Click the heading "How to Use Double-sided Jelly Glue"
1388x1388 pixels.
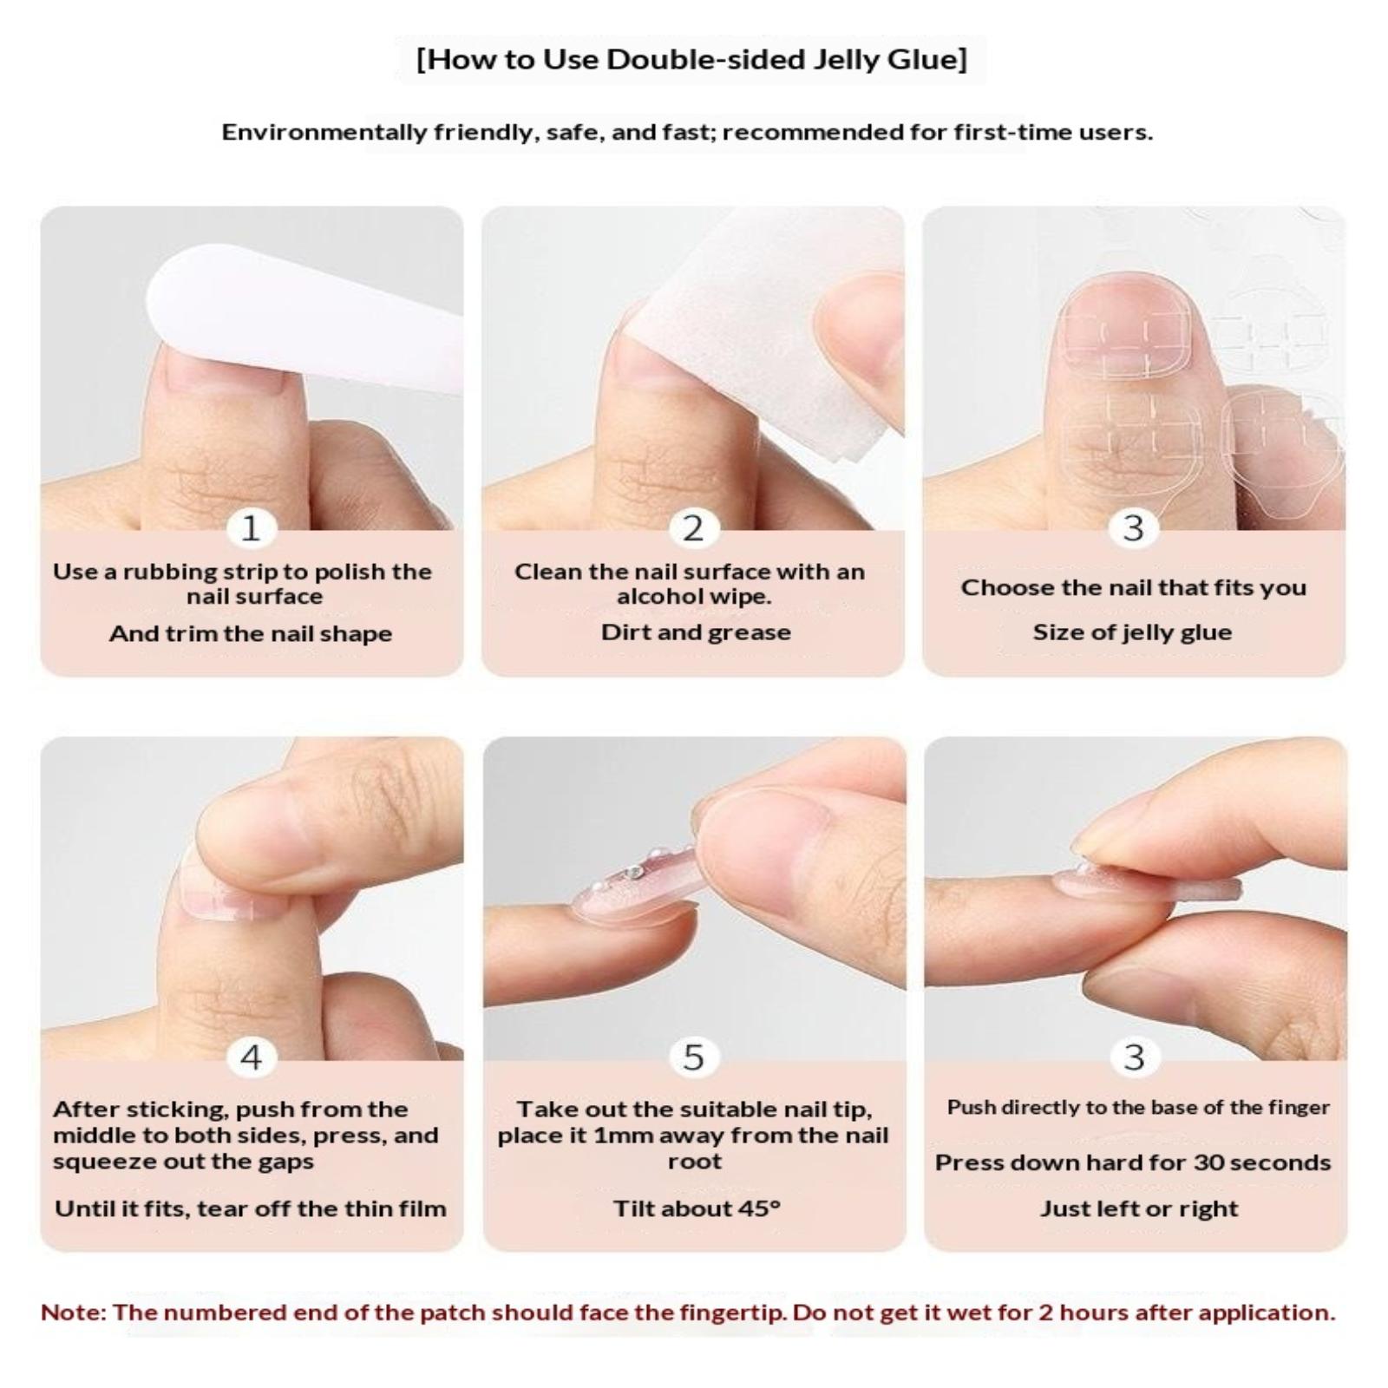pyautogui.click(x=691, y=59)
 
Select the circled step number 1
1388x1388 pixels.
pyautogui.click(x=251, y=527)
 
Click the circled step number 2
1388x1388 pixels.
pyautogui.click(x=693, y=527)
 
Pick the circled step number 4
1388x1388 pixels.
pyautogui.click(x=251, y=1057)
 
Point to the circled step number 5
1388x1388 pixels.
pyautogui.click(x=693, y=1057)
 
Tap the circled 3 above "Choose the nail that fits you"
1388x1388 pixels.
pyautogui.click(x=1133, y=527)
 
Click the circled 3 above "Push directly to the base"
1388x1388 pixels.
pyautogui.click(x=1134, y=1057)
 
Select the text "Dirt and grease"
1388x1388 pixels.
pyautogui.click(x=696, y=632)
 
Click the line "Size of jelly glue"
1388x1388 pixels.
pyautogui.click(x=1132, y=632)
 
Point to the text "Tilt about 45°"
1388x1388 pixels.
pyautogui.click(x=697, y=1208)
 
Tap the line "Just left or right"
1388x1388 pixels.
pyautogui.click(x=1139, y=1208)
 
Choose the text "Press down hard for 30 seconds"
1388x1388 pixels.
pyautogui.click(x=1133, y=1162)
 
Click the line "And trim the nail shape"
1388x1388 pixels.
pyautogui.click(x=251, y=633)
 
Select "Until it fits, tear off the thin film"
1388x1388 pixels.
pyautogui.click(x=251, y=1208)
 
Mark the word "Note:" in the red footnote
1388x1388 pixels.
pyautogui.click(x=73, y=1312)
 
